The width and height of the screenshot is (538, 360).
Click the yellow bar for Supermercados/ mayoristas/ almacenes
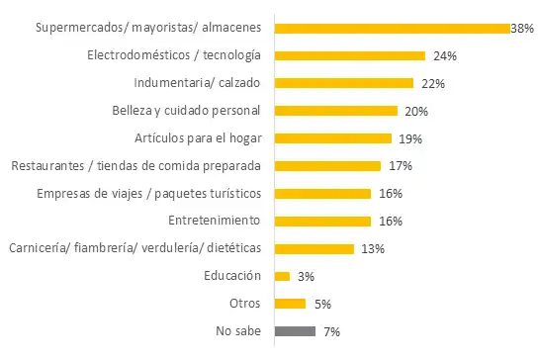click(391, 28)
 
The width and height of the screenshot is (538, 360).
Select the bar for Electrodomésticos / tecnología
click(349, 55)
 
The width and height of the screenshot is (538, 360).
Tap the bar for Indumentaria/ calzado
click(343, 83)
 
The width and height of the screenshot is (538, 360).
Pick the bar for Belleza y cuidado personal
click(335, 111)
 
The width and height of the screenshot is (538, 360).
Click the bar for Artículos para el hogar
click(332, 138)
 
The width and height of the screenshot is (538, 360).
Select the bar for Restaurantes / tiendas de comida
click(326, 166)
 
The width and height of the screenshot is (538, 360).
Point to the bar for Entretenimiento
click(321, 221)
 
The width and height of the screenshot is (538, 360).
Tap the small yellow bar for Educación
click(282, 276)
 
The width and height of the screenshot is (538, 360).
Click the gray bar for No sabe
click(295, 331)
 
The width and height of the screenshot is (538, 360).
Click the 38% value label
click(522, 29)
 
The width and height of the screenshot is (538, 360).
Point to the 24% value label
click(444, 56)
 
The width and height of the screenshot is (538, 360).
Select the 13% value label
click(372, 249)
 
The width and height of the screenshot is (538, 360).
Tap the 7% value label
click(331, 332)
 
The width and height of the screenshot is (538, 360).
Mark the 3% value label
click(307, 277)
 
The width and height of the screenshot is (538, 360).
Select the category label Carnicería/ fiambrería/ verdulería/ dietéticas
click(134, 248)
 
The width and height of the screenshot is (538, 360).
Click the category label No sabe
click(237, 331)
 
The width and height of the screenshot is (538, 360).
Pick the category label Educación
click(233, 276)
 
